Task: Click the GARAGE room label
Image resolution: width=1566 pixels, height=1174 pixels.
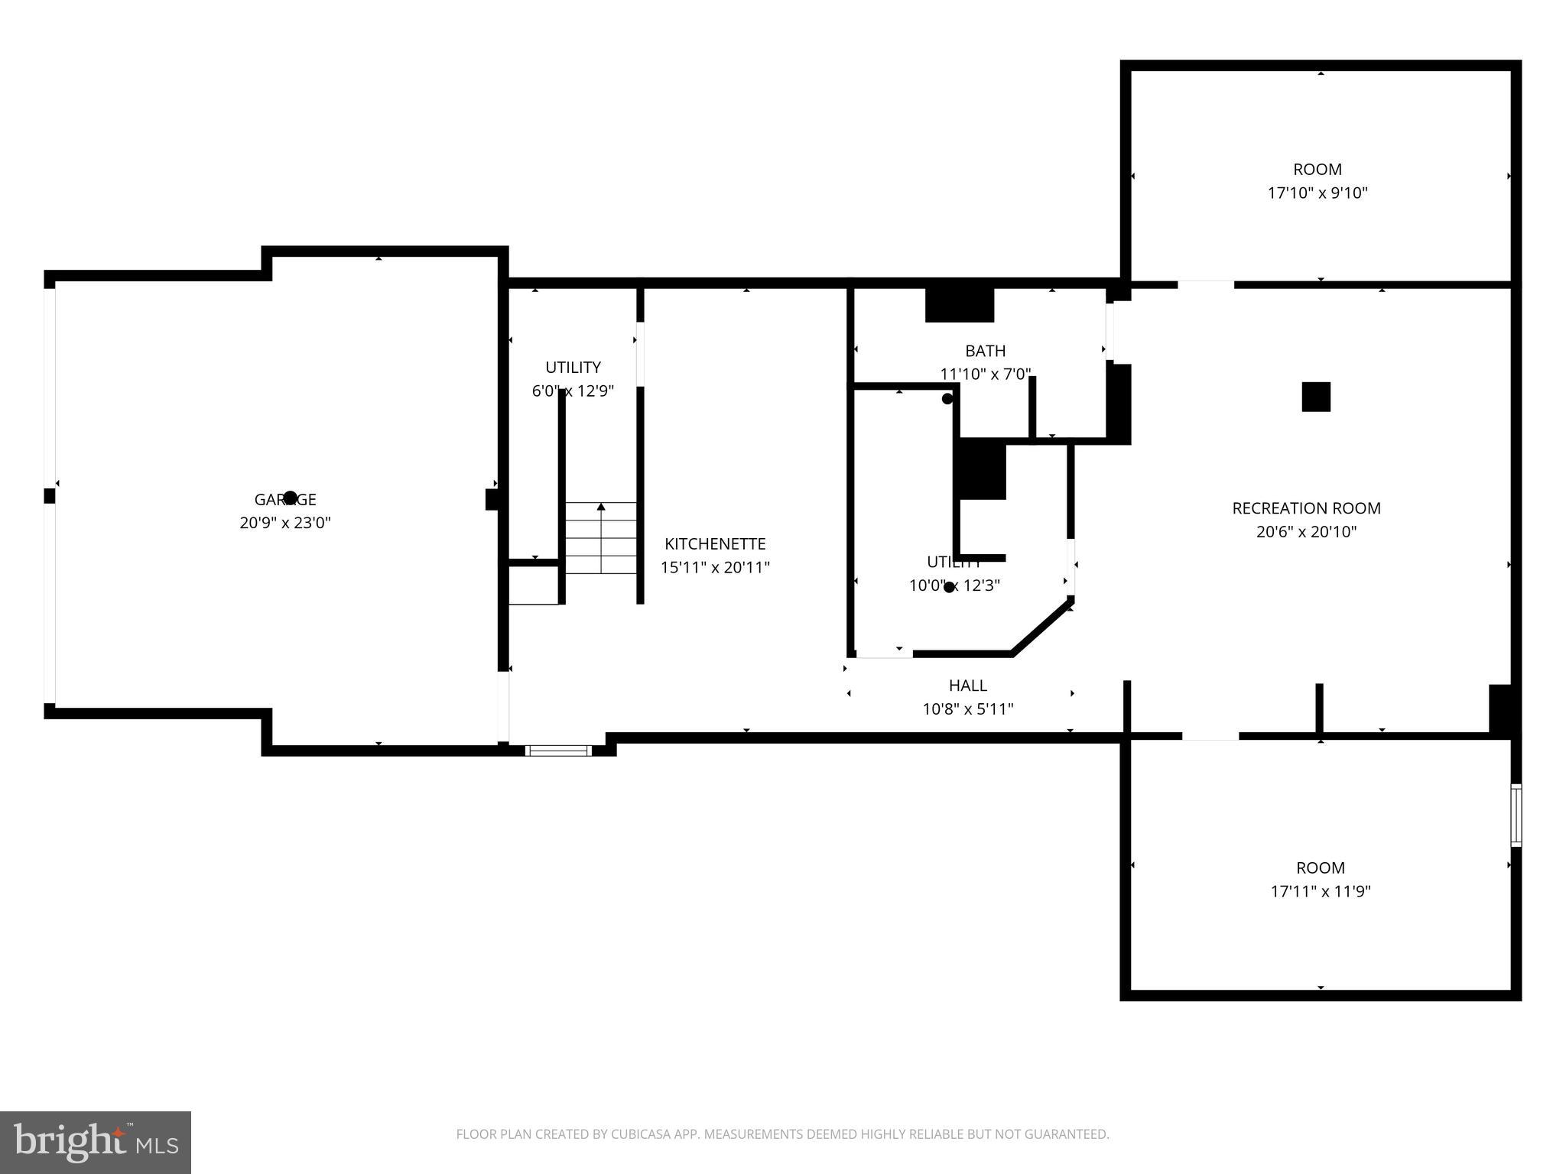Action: click(x=284, y=500)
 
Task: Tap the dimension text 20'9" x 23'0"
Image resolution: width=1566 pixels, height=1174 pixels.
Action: click(x=284, y=524)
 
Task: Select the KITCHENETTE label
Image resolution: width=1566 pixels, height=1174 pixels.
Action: click(x=714, y=544)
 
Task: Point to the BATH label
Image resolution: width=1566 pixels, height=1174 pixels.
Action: click(x=985, y=352)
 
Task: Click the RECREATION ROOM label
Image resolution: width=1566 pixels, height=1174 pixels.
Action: click(x=1305, y=508)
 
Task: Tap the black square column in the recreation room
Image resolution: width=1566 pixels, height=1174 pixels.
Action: click(x=1315, y=397)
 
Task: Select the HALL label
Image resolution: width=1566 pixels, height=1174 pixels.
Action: click(x=967, y=686)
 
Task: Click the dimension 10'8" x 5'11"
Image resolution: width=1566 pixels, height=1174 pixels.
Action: click(x=967, y=709)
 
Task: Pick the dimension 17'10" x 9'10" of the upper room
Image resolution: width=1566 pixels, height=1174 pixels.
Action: click(x=1317, y=193)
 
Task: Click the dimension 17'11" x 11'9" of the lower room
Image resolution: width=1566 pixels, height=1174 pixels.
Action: click(x=1320, y=891)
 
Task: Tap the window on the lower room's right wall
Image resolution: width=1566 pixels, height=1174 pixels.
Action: click(x=1515, y=815)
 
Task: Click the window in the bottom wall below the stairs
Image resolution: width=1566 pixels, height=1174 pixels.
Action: click(x=558, y=751)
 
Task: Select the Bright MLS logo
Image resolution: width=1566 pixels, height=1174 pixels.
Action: click(x=95, y=1142)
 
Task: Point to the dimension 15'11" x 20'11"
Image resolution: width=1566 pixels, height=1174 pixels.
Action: click(x=714, y=568)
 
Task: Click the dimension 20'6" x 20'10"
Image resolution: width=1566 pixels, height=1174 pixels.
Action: click(x=1305, y=532)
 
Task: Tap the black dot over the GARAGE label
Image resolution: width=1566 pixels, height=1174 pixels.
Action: click(x=290, y=498)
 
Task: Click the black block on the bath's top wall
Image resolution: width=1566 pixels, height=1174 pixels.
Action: click(x=959, y=305)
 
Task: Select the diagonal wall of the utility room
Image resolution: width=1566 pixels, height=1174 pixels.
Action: click(x=1042, y=627)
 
